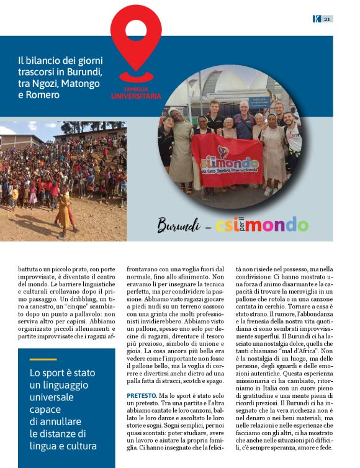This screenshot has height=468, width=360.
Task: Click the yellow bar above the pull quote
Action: pos(43,359)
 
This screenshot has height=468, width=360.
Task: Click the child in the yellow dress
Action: pos(64,213)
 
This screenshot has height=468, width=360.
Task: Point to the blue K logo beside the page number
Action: pos(316,19)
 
